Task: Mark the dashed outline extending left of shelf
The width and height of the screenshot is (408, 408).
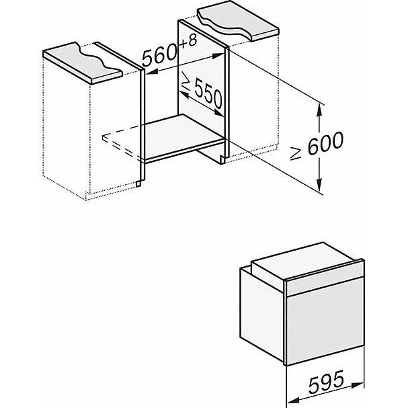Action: pos(124,145)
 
